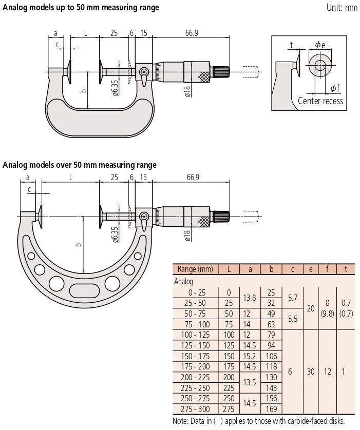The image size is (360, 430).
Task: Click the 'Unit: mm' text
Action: pyautogui.click(x=342, y=8)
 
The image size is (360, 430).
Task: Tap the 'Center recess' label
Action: pyautogui.click(x=320, y=101)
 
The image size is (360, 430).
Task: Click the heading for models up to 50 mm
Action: pyautogui.click(x=81, y=8)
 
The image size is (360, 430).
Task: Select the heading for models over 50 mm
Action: pyautogui.click(x=80, y=165)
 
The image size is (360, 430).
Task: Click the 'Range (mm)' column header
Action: pyautogui.click(x=195, y=269)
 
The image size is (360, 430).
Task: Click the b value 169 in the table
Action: pyautogui.click(x=271, y=409)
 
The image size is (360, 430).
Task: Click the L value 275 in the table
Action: pyautogui.click(x=229, y=409)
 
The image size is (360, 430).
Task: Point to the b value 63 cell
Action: pyautogui.click(x=271, y=324)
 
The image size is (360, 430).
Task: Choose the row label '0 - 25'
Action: pyautogui.click(x=195, y=292)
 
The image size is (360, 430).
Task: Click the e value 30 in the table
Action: pyautogui.click(x=310, y=372)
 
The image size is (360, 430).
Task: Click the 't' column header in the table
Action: pyautogui.click(x=345, y=269)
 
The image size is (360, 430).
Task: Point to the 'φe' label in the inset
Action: pyautogui.click(x=320, y=45)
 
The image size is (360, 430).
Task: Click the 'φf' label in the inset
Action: pyautogui.click(x=334, y=88)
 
